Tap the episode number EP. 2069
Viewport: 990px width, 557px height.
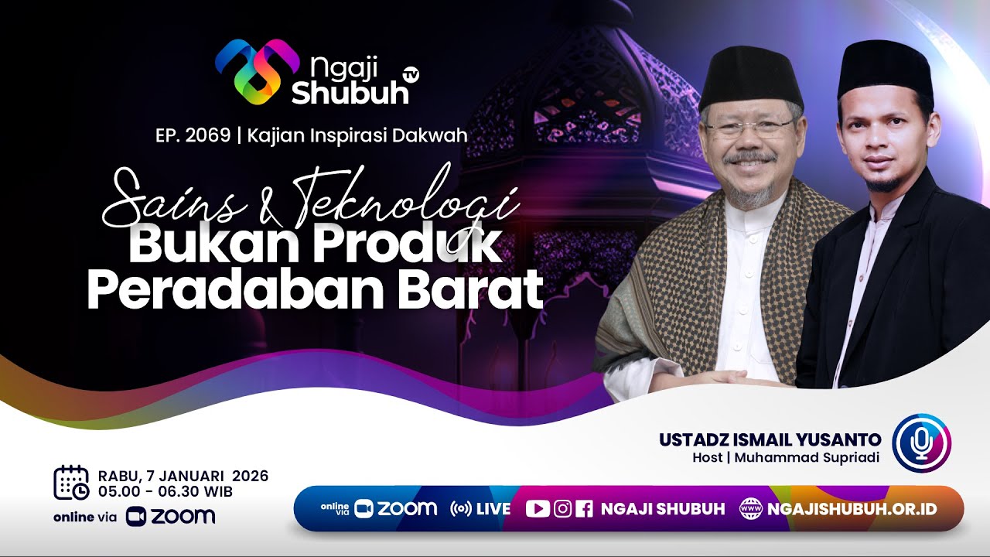click(x=193, y=135)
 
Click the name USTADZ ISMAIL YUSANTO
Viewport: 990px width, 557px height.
click(x=769, y=439)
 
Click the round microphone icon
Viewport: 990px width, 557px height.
click(x=921, y=443)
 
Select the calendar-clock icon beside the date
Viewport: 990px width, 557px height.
click(x=70, y=483)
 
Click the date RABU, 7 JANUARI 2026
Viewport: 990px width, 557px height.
click(x=183, y=476)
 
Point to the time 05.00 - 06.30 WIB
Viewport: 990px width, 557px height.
click(x=166, y=491)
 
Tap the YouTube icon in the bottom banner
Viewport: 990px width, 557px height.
click(x=538, y=509)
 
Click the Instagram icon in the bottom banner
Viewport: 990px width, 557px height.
click(x=563, y=509)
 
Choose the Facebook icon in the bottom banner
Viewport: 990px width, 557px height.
click(x=585, y=509)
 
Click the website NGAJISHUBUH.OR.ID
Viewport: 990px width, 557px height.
click(x=852, y=509)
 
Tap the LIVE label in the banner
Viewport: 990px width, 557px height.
click(x=493, y=509)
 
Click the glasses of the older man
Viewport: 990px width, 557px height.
click(x=748, y=127)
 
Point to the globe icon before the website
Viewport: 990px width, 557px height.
click(x=750, y=509)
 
